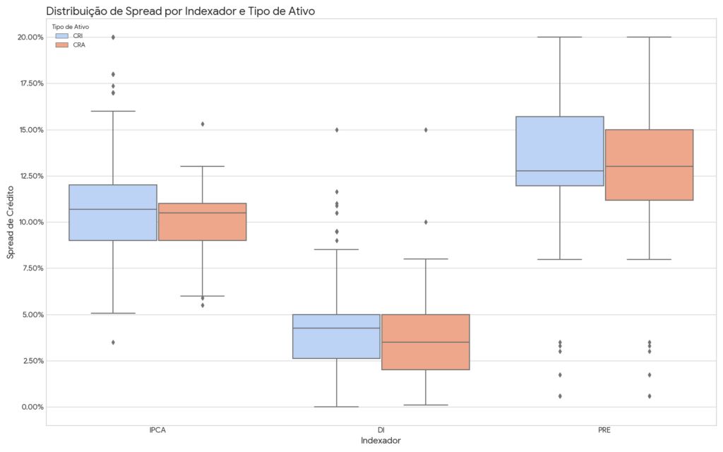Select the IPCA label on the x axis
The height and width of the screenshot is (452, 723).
pos(157,430)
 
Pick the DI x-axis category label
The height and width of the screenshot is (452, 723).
pos(381,430)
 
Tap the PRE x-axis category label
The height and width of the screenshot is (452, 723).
pos(604,430)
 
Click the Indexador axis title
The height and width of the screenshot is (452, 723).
pos(381,441)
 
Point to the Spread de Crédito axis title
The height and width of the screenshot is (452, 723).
pos(11,222)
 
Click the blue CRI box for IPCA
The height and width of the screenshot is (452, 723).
pos(113,213)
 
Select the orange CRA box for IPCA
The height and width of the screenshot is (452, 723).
pos(202,222)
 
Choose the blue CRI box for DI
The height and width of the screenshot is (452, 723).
pos(336,336)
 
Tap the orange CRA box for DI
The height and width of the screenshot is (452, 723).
pos(425,342)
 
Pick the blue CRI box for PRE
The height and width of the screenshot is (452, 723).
pos(559,151)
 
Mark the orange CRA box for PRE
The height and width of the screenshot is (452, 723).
pos(648,165)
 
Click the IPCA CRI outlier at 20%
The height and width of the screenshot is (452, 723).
pos(113,37)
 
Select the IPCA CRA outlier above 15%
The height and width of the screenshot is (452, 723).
pos(202,124)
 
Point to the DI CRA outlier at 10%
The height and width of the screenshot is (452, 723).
pos(425,222)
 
